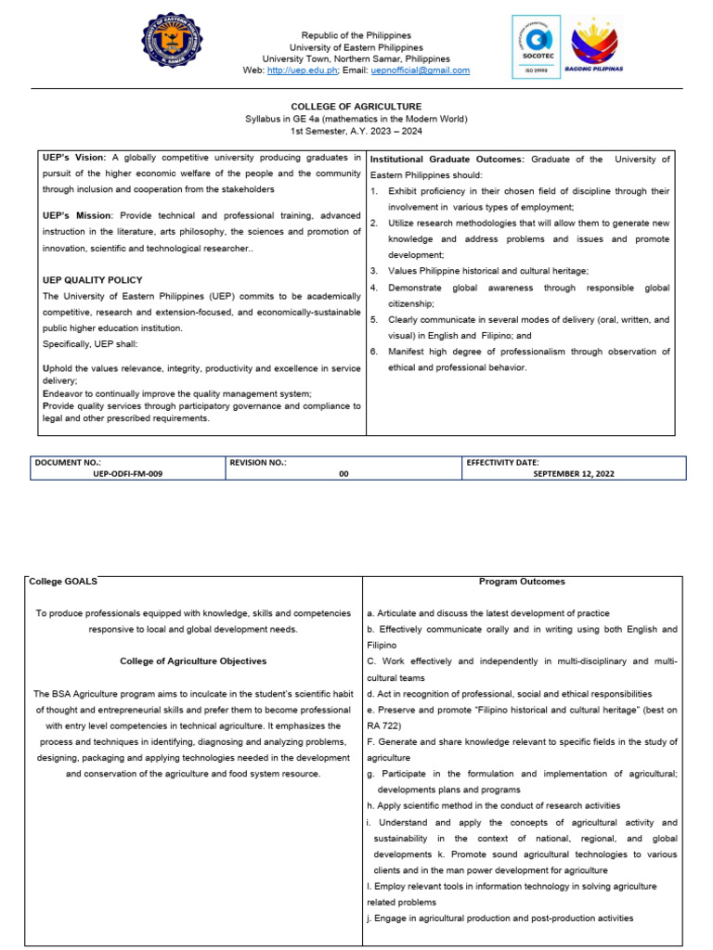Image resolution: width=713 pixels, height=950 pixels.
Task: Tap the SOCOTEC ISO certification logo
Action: click(x=537, y=47)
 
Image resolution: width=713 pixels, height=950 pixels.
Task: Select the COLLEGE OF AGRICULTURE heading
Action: click(x=356, y=107)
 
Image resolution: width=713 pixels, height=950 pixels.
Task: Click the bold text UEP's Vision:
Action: click(x=75, y=159)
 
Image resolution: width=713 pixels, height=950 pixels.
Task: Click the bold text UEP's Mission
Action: click(x=77, y=215)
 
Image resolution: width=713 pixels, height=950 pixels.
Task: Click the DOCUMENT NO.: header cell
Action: click(x=68, y=462)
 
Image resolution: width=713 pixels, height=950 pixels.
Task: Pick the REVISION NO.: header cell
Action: click(x=258, y=462)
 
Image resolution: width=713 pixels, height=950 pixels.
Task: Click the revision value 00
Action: click(x=344, y=473)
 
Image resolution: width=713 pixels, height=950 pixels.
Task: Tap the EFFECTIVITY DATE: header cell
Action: click(x=502, y=462)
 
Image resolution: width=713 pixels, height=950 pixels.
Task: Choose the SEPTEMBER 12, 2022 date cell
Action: click(x=573, y=473)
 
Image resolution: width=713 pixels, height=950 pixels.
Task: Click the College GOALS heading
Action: click(x=63, y=582)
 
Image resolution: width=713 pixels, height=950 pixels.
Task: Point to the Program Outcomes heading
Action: click(x=522, y=582)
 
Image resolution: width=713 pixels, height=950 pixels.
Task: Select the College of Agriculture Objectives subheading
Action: click(x=193, y=661)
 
